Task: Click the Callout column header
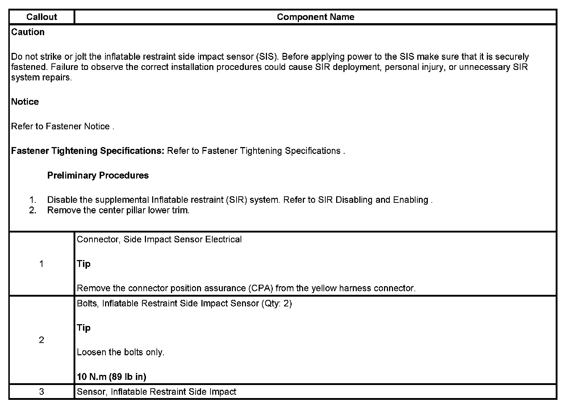[42, 17]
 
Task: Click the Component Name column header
[315, 17]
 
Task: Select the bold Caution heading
[28, 32]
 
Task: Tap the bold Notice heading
[25, 102]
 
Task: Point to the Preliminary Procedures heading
[98, 175]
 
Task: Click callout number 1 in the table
[41, 264]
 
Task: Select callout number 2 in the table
[41, 340]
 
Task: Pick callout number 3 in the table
[41, 392]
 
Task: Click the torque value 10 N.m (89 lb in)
[112, 377]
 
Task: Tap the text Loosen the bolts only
[121, 352]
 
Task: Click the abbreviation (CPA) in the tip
[260, 288]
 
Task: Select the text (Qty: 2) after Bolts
[276, 304]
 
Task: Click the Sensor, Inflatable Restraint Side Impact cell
[156, 392]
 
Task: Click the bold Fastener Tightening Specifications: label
[88, 151]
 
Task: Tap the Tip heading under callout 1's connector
[84, 264]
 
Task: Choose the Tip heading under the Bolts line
[84, 328]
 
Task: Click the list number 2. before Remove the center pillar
[33, 210]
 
